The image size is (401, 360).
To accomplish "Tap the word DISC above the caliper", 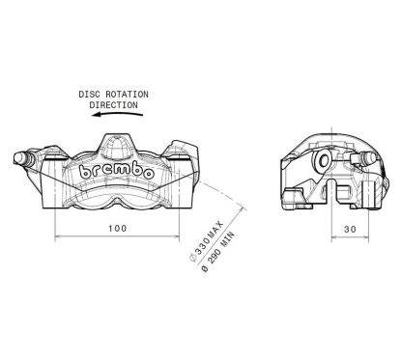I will (x=92, y=93).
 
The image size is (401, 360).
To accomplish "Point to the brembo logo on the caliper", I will (x=119, y=171).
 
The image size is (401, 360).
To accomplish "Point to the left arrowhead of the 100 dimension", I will (x=59, y=237).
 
